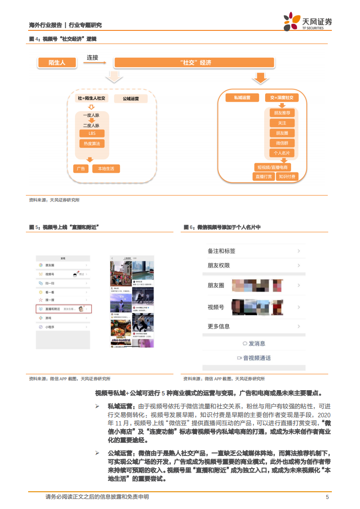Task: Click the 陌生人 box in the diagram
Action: (x=57, y=63)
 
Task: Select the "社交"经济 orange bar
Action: (x=193, y=63)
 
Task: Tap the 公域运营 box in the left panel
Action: (x=131, y=98)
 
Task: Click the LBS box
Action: (x=92, y=133)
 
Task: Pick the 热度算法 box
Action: (x=92, y=143)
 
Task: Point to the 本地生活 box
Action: (x=106, y=169)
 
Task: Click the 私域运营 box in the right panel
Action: (x=242, y=98)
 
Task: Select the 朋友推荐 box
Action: (x=282, y=113)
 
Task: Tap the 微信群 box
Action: (x=282, y=143)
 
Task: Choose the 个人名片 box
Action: (x=282, y=153)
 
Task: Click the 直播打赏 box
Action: (x=264, y=176)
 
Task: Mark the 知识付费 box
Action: (x=287, y=176)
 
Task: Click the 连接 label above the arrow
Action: (x=93, y=58)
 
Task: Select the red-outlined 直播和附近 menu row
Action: (x=64, y=309)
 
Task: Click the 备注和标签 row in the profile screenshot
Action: (x=254, y=251)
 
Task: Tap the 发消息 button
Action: (x=254, y=343)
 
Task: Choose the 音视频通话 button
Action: (x=254, y=358)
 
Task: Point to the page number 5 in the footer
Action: (x=327, y=497)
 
